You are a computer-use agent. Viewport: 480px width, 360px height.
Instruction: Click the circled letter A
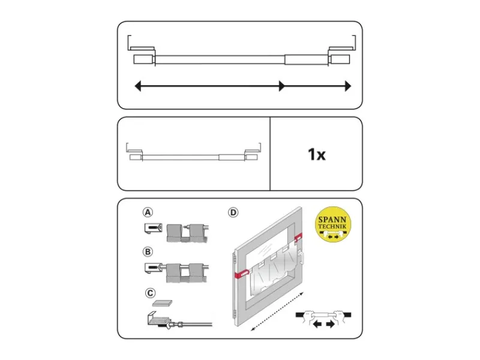148,212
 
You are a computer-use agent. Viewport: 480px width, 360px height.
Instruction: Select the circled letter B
148,251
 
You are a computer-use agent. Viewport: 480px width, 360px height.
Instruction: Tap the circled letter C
150,293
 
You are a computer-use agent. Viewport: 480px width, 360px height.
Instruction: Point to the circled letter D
233,212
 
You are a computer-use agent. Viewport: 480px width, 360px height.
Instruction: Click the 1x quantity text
317,154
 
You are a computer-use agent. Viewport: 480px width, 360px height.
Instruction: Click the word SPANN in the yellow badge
332,220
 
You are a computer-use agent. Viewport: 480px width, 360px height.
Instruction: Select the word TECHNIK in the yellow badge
332,227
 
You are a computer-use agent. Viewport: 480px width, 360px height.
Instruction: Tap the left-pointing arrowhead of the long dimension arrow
138,86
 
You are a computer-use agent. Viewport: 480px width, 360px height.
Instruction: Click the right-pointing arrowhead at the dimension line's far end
348,86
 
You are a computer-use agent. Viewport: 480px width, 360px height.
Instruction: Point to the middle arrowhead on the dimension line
281,86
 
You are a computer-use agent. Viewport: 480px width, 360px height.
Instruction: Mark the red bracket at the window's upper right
298,236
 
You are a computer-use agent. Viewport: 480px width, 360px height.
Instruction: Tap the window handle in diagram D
301,257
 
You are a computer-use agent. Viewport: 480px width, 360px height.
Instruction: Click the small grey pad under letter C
162,303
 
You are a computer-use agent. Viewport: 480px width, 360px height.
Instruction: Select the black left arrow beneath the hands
317,324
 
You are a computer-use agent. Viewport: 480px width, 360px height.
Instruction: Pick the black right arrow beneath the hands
331,324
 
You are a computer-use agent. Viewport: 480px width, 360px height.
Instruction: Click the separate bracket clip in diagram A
153,228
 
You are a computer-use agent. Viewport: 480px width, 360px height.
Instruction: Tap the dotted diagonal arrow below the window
277,311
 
